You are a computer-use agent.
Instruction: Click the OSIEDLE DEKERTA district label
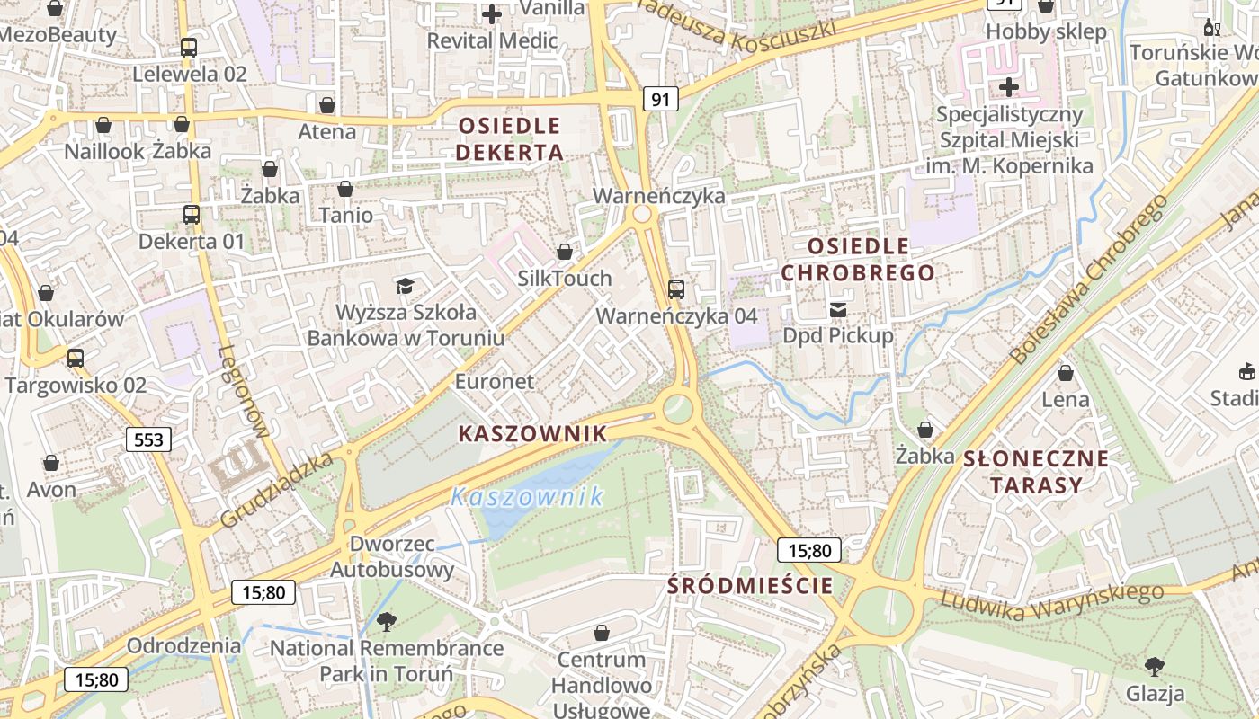[509, 138]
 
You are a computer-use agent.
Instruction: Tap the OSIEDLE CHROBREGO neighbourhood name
[857, 259]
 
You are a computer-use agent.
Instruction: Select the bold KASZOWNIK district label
[532, 433]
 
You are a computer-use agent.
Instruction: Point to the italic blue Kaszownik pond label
[527, 496]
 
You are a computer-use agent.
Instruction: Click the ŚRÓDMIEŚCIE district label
[750, 586]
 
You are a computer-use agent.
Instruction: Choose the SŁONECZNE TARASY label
[1036, 472]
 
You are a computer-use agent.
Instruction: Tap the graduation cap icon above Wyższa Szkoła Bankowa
[405, 286]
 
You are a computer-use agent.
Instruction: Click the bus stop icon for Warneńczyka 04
[676, 289]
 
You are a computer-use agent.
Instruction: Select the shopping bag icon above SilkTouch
[565, 252]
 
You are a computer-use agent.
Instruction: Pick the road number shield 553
[148, 439]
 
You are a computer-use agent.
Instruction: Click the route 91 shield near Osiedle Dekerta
[660, 99]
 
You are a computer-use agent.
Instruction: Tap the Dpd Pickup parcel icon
[838, 310]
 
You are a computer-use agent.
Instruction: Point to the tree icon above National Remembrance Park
[387, 621]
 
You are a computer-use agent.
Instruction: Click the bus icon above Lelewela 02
[189, 48]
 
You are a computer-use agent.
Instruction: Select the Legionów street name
[244, 392]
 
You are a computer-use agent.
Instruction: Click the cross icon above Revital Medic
[492, 14]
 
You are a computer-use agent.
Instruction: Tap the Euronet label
[495, 381]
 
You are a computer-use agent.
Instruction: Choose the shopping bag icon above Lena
[1066, 373]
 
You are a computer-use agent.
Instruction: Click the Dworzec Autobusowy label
[392, 557]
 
